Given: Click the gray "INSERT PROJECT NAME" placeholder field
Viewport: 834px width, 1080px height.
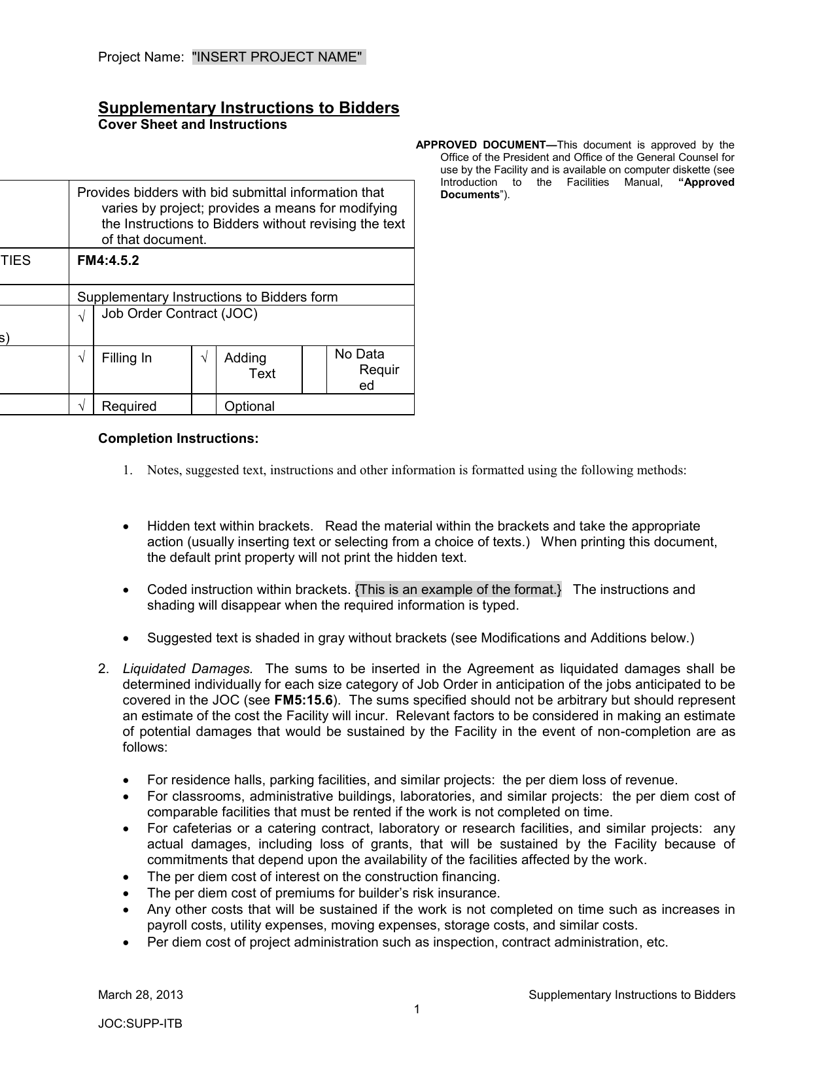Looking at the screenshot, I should pyautogui.click(x=279, y=58).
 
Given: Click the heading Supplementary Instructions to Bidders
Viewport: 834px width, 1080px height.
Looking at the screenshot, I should pyautogui.click(x=249, y=108).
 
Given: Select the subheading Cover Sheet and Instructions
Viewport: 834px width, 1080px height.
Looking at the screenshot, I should pyautogui.click(x=192, y=125).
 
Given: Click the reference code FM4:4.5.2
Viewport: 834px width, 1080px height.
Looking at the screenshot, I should pyautogui.click(x=108, y=260).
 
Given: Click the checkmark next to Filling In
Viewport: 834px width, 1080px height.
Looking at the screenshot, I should pyautogui.click(x=82, y=358).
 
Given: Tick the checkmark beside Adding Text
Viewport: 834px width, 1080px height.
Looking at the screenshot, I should pyautogui.click(x=204, y=358).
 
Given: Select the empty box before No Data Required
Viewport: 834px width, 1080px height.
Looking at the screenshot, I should pyautogui.click(x=315, y=370).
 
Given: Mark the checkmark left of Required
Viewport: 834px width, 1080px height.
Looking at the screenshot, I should pyautogui.click(x=82, y=406).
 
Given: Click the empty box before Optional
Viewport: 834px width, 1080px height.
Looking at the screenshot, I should pyautogui.click(x=204, y=406).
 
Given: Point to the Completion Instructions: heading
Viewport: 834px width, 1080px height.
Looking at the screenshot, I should pyautogui.click(x=179, y=438).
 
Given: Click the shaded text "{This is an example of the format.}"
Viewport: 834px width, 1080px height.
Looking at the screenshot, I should pyautogui.click(x=459, y=589).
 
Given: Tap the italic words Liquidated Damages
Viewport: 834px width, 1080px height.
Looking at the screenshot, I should pyautogui.click(x=188, y=669).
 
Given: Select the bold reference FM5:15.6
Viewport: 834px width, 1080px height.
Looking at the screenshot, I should pyautogui.click(x=304, y=700).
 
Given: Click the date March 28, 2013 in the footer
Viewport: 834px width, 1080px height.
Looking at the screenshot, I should pyautogui.click(x=141, y=995).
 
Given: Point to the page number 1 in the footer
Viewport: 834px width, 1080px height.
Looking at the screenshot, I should pyautogui.click(x=417, y=1009).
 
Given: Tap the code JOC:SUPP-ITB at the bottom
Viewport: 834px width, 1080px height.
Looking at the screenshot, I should pyautogui.click(x=140, y=1024).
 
